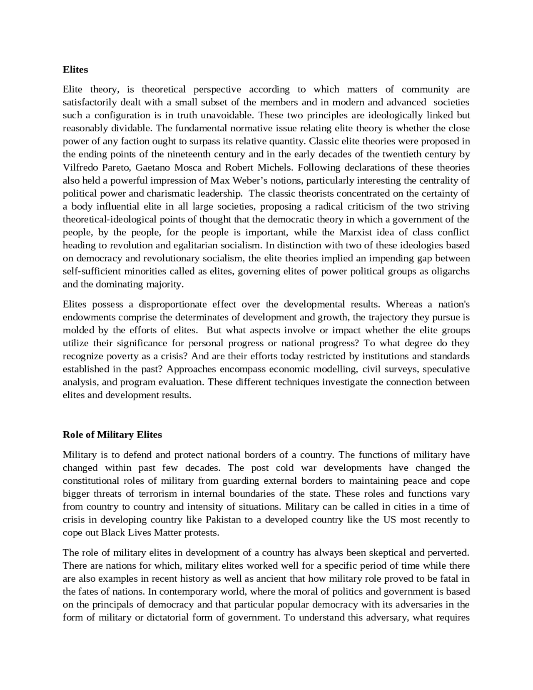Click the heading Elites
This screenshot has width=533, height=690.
coord(75,70)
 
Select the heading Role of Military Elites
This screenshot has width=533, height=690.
coord(112,435)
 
